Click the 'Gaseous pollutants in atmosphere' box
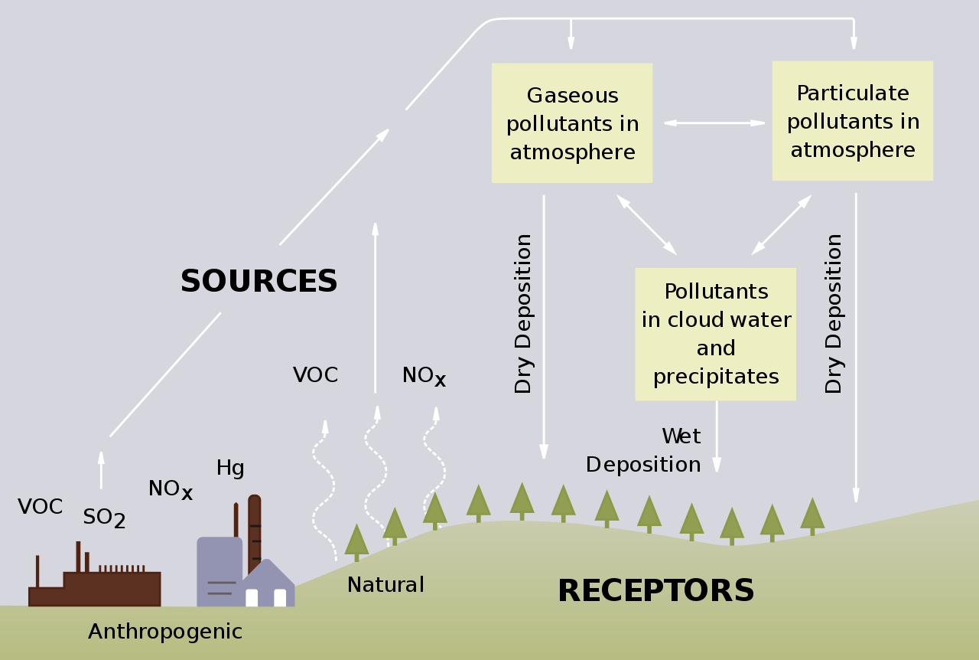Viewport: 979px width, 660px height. coord(572,123)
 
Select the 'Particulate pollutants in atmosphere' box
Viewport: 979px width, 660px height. coord(852,121)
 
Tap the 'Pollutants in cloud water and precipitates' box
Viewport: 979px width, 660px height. coord(715,334)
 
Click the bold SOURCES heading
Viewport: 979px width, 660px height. coord(259,282)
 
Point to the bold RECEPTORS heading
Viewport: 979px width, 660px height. coord(655,591)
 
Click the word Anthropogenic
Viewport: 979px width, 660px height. coord(165,632)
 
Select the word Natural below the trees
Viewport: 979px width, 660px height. coord(385,585)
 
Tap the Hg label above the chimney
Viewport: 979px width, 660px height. coord(230,468)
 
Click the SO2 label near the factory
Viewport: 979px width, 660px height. coord(104,518)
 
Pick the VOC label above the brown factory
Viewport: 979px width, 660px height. coord(41,507)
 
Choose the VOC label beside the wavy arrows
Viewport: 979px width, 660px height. coord(315,375)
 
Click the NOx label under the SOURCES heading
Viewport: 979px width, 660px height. coord(424,376)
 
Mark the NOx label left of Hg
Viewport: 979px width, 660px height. coord(170,489)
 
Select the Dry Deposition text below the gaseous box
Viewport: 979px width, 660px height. coord(523,314)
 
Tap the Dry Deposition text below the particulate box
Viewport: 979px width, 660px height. coord(834,314)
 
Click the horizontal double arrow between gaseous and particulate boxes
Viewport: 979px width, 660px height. coord(714,123)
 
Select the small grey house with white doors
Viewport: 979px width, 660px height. coord(267,586)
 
